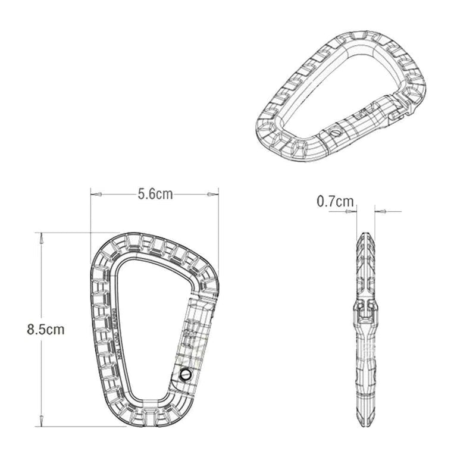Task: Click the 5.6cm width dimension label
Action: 155,194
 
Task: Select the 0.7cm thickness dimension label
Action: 335,202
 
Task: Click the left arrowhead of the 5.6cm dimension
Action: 95,194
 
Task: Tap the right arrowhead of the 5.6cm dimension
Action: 214,194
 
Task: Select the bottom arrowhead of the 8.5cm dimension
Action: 41,420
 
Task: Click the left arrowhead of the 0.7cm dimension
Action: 353,210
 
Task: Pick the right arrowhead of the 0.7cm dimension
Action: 381,210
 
